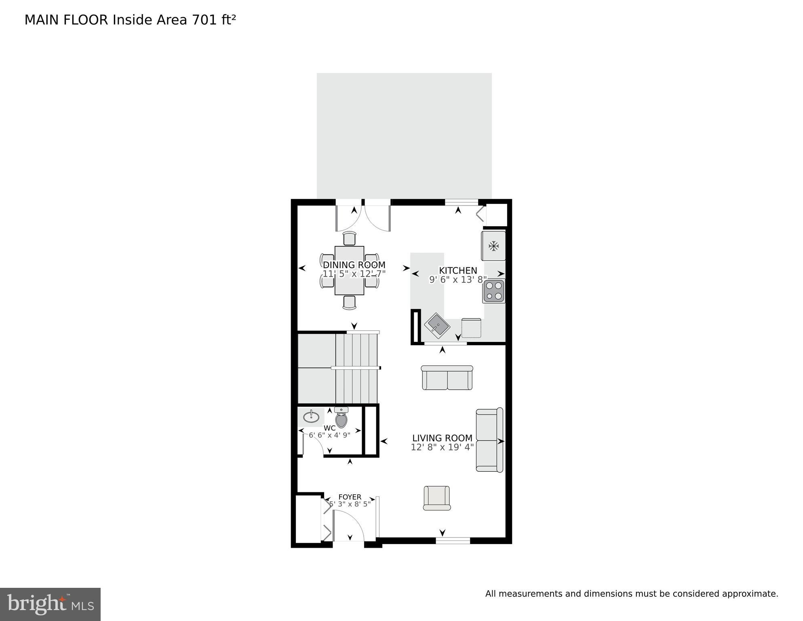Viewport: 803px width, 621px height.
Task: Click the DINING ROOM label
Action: (354, 265)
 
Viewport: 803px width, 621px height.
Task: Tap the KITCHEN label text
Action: (458, 271)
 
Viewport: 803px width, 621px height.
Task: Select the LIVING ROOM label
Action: (442, 438)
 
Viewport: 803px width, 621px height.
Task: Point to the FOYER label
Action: (350, 497)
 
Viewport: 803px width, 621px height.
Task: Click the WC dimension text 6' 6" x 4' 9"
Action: (329, 435)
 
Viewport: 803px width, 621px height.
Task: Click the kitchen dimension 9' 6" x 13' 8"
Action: (458, 280)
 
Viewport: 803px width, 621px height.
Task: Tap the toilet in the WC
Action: (341, 418)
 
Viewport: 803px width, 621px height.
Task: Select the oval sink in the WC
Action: (311, 416)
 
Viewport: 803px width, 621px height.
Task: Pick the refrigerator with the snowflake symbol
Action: (493, 246)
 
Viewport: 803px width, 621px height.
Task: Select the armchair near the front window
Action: (436, 498)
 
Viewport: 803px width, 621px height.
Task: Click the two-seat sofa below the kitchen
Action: (447, 378)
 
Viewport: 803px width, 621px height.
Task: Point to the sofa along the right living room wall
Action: (489, 440)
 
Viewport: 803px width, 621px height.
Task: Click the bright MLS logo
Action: (50, 604)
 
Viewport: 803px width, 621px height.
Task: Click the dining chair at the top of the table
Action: (349, 238)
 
